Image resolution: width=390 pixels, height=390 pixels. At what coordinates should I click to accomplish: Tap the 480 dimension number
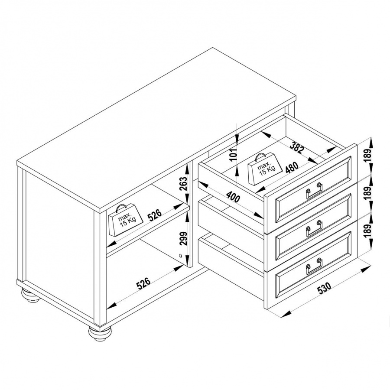pos(292,167)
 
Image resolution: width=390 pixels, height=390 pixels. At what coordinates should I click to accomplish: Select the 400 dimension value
pos(234,197)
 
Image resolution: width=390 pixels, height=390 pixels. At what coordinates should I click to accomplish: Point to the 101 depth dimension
pos(234,154)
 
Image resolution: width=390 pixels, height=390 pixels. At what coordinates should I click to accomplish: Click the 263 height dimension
pos(183,183)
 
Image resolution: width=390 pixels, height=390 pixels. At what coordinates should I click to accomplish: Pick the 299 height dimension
pos(183,238)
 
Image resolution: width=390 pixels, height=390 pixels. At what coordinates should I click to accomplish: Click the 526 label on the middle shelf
pos(155,215)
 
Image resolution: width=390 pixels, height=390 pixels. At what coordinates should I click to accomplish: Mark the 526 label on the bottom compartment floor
pos(144,284)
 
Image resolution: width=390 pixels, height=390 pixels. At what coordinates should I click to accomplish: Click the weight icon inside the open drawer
pos(265,169)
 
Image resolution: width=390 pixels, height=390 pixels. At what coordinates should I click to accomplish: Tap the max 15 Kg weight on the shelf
pos(126,220)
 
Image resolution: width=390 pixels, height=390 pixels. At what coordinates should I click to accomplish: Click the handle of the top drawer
pos(315,191)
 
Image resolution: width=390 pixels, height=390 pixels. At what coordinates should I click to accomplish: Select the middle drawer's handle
pos(315,228)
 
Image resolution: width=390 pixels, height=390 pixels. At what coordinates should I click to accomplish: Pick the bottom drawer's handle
pos(315,266)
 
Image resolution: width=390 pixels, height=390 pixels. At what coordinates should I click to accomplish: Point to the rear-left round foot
pos(30,296)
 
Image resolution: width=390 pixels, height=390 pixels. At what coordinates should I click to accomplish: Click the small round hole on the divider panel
pos(181,255)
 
